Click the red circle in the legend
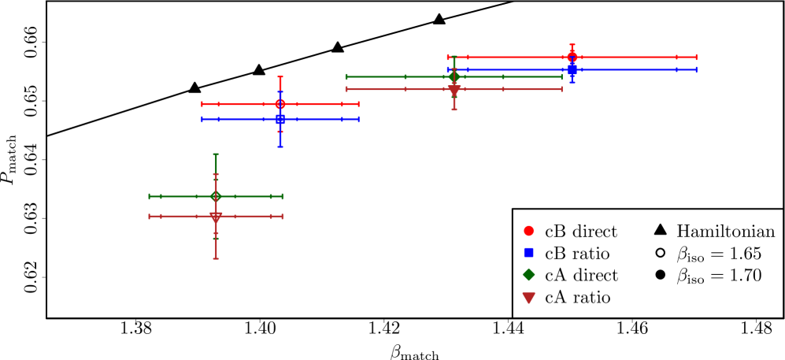[528, 231]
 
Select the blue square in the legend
[528, 253]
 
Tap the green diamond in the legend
[528, 274]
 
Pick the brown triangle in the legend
[528, 297]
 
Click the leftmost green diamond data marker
[216, 196]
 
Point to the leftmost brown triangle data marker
[216, 217]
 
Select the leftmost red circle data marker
[280, 104]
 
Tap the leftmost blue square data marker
[280, 119]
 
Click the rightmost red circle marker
[572, 57]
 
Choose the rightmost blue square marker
[572, 69]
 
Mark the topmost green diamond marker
[454, 76]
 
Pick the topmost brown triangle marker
[454, 90]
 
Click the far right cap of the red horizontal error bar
[696, 57]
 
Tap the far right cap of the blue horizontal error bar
[696, 69]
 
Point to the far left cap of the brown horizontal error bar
[150, 216]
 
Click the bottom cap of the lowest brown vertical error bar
[216, 258]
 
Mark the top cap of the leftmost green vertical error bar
[216, 154]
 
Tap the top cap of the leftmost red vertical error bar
[280, 77]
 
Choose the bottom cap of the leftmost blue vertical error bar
[280, 146]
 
